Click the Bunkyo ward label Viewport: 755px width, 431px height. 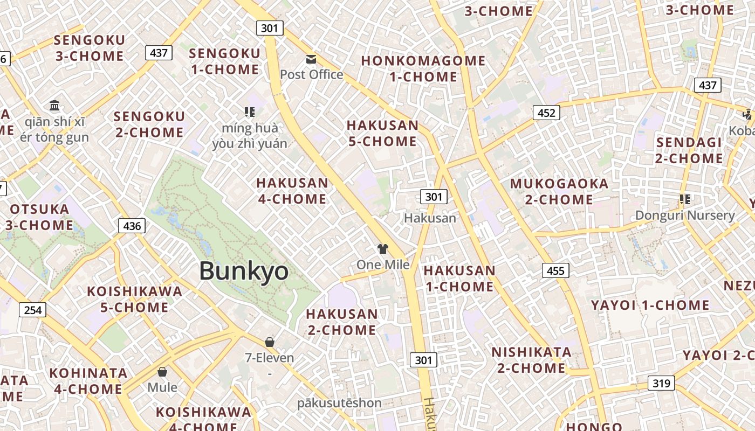244,271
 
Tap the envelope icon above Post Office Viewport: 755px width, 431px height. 311,59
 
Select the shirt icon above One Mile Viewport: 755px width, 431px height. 382,249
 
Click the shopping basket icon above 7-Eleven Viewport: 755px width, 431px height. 270,342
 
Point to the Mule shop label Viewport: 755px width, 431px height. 162,387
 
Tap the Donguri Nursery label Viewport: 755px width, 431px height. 685,215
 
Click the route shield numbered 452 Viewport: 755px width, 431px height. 546,113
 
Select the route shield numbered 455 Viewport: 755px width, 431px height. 555,270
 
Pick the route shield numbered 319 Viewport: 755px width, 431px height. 661,383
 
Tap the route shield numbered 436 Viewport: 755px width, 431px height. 132,226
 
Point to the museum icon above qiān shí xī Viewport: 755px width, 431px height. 54,105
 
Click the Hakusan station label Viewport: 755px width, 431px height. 430,218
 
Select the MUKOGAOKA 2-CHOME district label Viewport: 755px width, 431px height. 559,192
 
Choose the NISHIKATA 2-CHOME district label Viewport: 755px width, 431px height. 531,360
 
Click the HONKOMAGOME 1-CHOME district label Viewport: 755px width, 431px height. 423,69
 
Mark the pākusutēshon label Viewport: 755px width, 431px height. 339,403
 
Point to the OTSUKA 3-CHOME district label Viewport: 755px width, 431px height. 39,217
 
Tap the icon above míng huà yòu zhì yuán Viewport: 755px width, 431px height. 249,112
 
